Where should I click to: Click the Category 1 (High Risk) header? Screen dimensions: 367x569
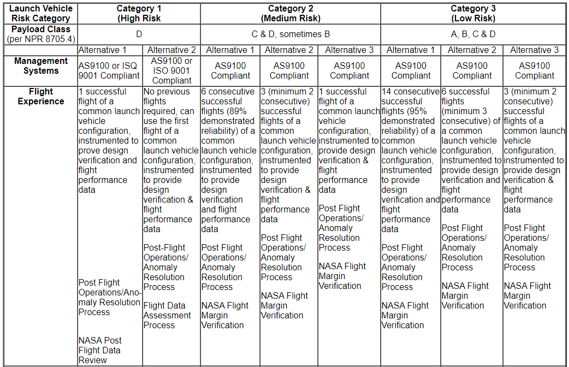click(x=139, y=13)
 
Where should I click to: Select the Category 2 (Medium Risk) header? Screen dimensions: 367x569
click(x=291, y=13)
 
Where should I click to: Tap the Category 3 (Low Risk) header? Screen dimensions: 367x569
click(x=473, y=13)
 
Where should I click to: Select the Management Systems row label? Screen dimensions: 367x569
click(x=42, y=66)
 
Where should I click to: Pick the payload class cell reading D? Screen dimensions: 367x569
click(x=139, y=34)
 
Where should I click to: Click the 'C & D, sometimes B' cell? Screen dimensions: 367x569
click(x=291, y=34)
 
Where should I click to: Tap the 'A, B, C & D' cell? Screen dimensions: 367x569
click(x=473, y=34)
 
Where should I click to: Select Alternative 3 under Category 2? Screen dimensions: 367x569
click(x=349, y=50)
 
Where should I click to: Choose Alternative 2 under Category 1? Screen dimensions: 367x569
click(x=171, y=50)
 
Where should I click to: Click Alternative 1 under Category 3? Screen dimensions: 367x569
click(x=411, y=50)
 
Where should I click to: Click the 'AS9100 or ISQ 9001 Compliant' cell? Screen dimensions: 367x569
click(x=109, y=70)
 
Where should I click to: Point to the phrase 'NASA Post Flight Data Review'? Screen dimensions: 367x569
click(x=100, y=350)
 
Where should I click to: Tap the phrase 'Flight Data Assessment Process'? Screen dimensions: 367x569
click(x=167, y=315)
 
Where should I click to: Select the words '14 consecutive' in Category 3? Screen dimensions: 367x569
click(x=411, y=91)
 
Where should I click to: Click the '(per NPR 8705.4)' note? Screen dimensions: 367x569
click(x=42, y=39)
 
